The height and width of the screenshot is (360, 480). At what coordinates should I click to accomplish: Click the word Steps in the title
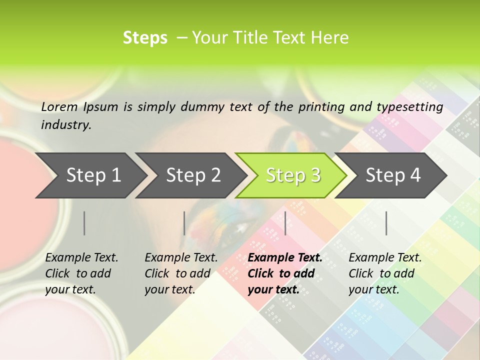(x=145, y=38)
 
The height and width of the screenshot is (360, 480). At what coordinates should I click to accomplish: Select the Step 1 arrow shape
(x=90, y=175)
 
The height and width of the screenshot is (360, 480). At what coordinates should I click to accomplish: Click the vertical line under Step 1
(x=84, y=223)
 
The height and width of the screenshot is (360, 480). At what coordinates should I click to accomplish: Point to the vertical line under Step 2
(x=184, y=223)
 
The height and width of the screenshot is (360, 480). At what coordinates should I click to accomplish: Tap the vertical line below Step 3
(x=285, y=223)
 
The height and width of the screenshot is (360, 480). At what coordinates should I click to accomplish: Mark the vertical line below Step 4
(x=386, y=223)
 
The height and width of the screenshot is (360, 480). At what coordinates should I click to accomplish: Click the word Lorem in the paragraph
(x=59, y=107)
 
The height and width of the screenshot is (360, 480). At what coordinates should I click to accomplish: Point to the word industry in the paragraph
(x=66, y=124)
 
